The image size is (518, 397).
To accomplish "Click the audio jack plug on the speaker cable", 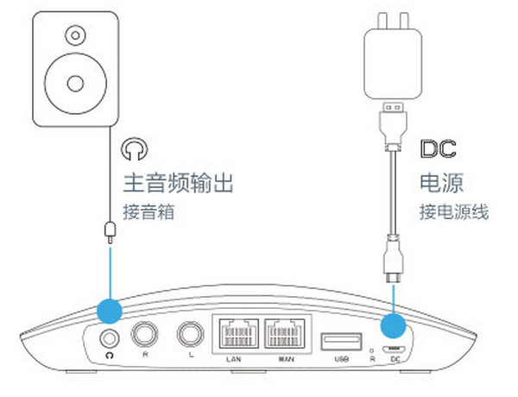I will [109, 230].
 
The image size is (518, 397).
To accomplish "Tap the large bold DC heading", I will [437, 149].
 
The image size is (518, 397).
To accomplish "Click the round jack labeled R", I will [142, 332].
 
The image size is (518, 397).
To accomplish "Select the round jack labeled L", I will [188, 334].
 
